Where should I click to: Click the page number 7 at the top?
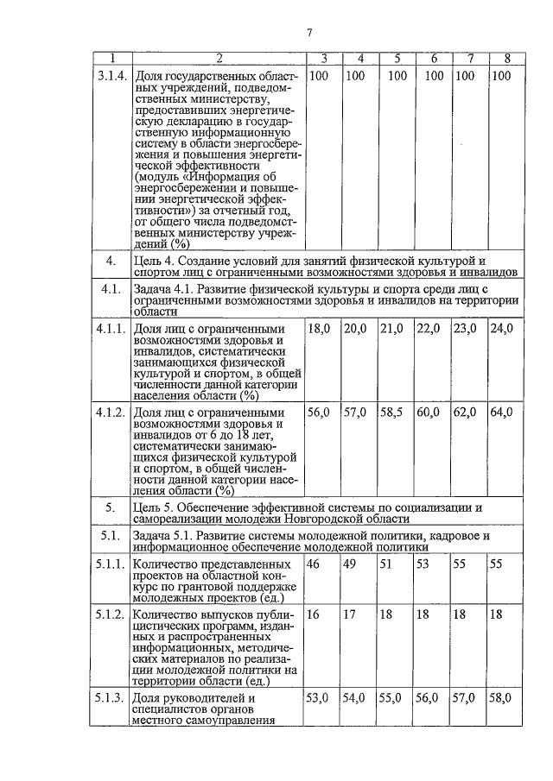click(x=308, y=33)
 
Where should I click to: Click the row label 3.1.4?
click(x=111, y=76)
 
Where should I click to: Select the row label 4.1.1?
click(x=111, y=329)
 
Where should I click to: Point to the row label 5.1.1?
click(x=111, y=564)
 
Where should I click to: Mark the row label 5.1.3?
click(x=111, y=697)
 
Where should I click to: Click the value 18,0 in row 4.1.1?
click(x=321, y=329)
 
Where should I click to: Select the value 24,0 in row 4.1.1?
click(x=501, y=329)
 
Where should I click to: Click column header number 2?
click(x=219, y=59)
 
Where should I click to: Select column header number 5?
click(x=397, y=59)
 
